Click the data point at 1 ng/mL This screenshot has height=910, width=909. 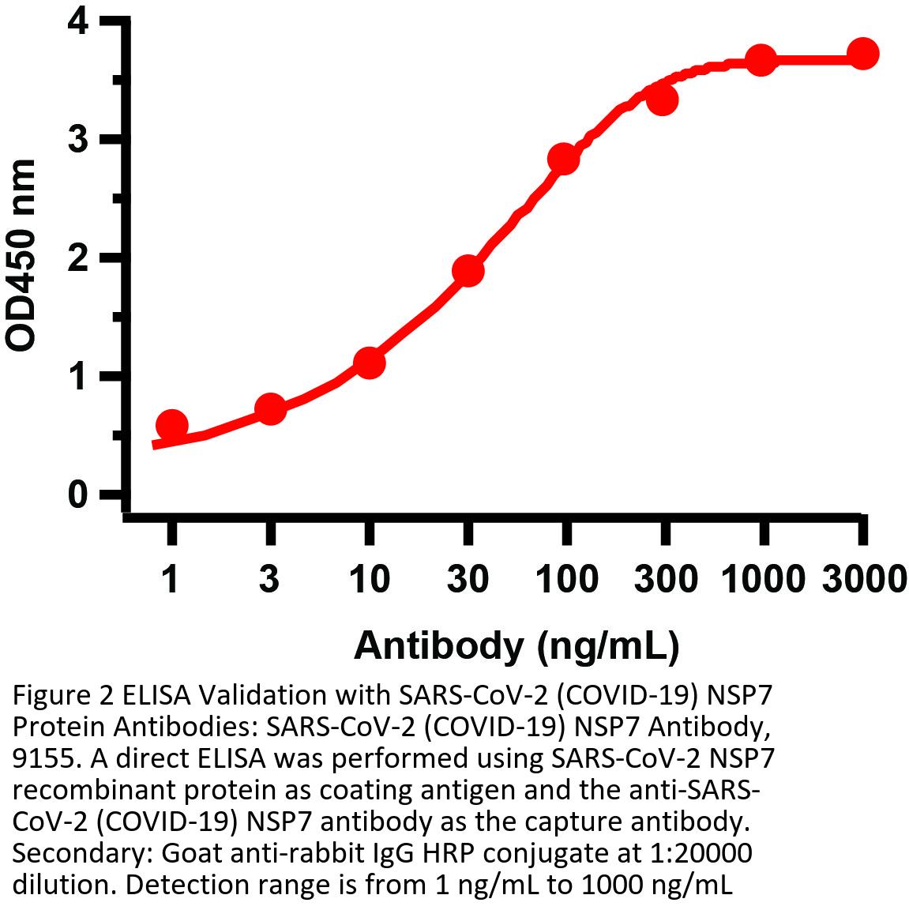click(x=171, y=426)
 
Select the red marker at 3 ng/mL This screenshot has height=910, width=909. click(x=270, y=409)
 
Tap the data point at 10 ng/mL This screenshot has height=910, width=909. click(x=369, y=363)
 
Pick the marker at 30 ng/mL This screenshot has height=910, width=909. click(x=468, y=271)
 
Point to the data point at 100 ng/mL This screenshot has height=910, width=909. click(x=564, y=159)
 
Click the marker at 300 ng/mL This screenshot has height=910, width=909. click(x=663, y=100)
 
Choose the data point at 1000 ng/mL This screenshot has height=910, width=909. click(x=761, y=59)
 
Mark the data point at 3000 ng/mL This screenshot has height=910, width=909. click(x=862, y=54)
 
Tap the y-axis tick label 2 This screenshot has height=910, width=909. click(x=77, y=258)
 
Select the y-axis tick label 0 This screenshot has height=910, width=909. click(x=77, y=495)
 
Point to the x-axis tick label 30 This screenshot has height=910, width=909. click(x=468, y=581)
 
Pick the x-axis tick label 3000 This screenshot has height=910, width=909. click(x=862, y=581)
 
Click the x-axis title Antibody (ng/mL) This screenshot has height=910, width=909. click(x=516, y=645)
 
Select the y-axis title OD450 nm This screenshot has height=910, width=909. click(x=21, y=254)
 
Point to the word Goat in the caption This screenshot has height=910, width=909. click(x=188, y=854)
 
